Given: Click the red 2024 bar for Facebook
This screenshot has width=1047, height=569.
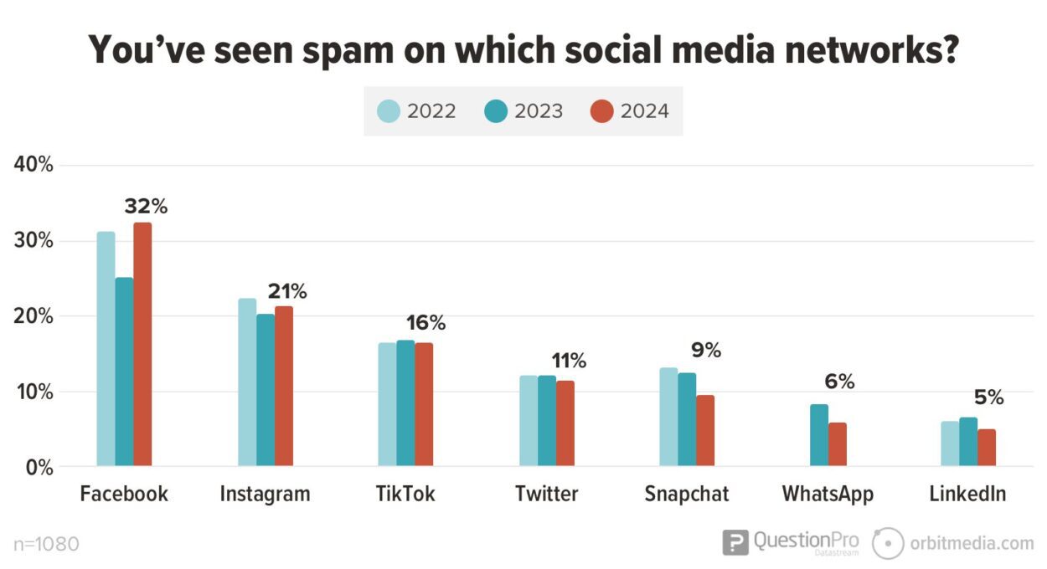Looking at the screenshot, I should [x=142, y=344].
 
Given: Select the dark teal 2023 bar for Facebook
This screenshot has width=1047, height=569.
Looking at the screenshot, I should [x=124, y=372].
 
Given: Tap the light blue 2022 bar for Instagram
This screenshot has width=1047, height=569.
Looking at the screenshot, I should [x=247, y=382].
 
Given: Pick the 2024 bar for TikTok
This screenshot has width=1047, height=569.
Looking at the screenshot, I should [x=424, y=404].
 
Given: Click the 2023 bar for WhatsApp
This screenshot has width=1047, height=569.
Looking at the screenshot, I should [x=819, y=435].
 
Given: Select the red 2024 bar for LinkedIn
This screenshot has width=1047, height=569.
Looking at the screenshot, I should [x=987, y=448].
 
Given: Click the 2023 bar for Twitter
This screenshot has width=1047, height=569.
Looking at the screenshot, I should [x=547, y=421].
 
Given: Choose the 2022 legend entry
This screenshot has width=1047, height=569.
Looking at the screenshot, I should [x=417, y=111].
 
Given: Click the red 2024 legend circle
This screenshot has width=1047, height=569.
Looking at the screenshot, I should [x=601, y=111].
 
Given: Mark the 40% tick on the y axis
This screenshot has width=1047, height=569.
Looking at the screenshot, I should [x=34, y=165].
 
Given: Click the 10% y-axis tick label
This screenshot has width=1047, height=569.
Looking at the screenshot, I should [x=34, y=392].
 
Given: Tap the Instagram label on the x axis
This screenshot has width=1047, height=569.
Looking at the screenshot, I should [x=265, y=495].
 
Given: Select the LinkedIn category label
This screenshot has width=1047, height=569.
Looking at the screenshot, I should [x=967, y=495].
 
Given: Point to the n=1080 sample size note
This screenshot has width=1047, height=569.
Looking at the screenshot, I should [x=47, y=545].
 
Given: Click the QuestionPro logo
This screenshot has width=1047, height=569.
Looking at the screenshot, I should [x=791, y=542].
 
